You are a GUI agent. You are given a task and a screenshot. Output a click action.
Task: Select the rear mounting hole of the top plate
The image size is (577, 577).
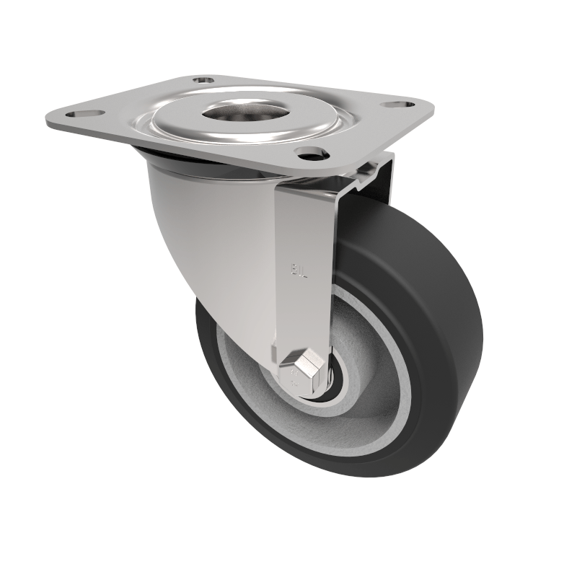point(203,80)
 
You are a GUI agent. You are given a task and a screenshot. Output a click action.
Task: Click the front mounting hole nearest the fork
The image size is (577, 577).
point(310,152)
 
